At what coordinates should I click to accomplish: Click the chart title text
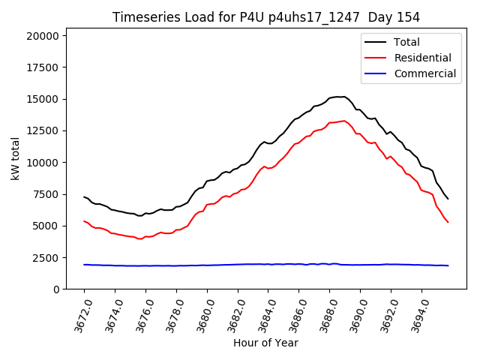pyautogui.click(x=266, y=17)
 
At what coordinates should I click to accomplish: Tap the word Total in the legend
pyautogui.click(x=406, y=42)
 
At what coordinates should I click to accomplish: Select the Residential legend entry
pyautogui.click(x=422, y=58)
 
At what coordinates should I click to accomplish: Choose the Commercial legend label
pyautogui.click(x=424, y=73)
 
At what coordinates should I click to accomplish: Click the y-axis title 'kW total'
pyautogui.click(x=15, y=162)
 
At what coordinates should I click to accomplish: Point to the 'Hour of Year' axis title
pyautogui.click(x=265, y=343)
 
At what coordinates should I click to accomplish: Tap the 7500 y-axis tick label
pyautogui.click(x=48, y=193)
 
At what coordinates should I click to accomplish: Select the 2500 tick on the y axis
pyautogui.click(x=48, y=257)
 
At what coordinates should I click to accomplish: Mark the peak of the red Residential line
pyautogui.click(x=344, y=120)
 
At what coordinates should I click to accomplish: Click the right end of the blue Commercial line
pyautogui.click(x=448, y=265)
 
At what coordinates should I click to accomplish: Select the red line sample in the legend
pyautogui.click(x=376, y=58)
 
